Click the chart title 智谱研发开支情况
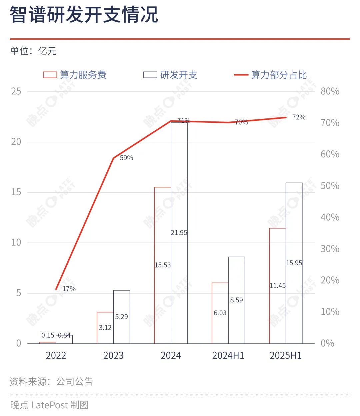[x=84, y=15]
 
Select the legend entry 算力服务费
[x=75, y=75]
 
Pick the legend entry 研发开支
[x=170, y=75]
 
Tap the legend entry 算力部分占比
[x=270, y=75]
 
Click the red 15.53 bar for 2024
[x=163, y=265]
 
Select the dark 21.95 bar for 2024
[x=179, y=233]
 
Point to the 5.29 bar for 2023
[x=122, y=317]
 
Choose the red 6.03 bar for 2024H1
[x=220, y=313]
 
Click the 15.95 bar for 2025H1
[x=294, y=263]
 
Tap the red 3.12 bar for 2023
[x=105, y=328]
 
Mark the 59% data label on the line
[x=126, y=158]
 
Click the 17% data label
[x=69, y=289]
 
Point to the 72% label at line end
[x=299, y=117]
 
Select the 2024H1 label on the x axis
[x=228, y=356]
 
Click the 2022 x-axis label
[x=56, y=356]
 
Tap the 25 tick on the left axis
[x=16, y=91]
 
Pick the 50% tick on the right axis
[x=330, y=186]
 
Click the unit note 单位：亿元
[x=33, y=51]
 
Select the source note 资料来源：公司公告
[x=51, y=381]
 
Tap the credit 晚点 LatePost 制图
[x=49, y=405]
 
